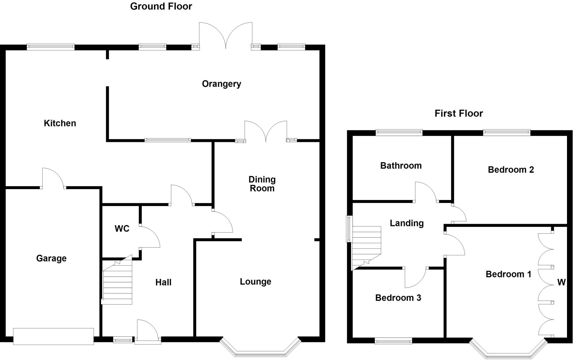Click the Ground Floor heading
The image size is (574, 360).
161,6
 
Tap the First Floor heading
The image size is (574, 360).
459,113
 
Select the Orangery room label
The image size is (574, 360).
221,84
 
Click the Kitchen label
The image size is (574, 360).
60,123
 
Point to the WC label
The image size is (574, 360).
122,229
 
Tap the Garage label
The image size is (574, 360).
51,258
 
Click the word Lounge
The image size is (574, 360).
255,282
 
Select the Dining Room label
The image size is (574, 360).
262,184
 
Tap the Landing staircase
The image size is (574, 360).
366,247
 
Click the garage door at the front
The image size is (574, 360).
53,336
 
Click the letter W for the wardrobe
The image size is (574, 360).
561,282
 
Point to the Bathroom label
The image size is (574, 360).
401,166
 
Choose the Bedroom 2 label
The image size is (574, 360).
511,170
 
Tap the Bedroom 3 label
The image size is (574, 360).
398,298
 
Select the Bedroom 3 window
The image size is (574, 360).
393,341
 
